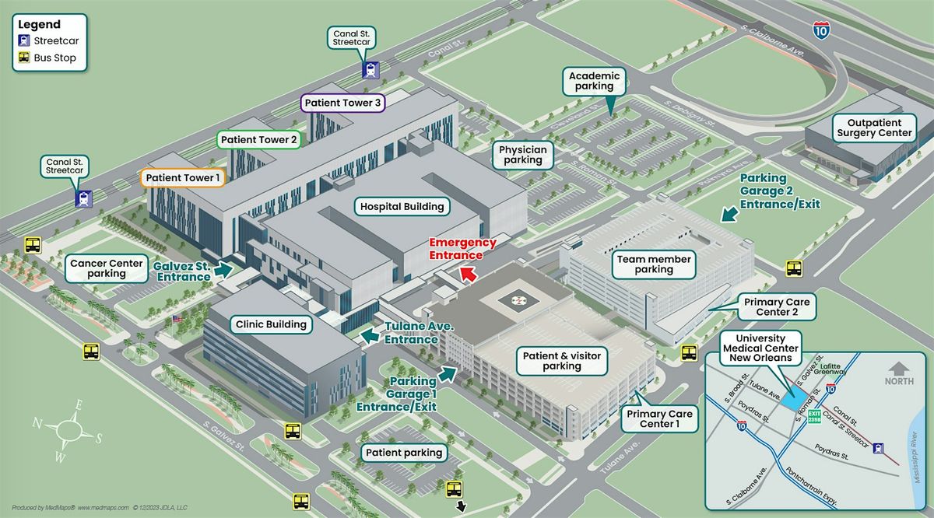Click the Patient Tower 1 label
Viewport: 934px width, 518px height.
click(184, 178)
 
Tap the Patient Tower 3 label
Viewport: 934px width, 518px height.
click(343, 103)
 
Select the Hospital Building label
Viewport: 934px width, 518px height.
click(402, 207)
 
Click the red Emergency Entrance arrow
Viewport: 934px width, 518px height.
click(468, 274)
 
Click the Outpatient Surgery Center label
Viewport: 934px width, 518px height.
click(874, 128)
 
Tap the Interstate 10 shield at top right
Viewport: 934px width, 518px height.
click(820, 31)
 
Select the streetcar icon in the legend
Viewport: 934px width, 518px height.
click(25, 41)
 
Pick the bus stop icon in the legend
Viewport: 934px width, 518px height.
click(25, 58)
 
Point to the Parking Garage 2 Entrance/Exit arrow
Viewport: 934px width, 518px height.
click(729, 213)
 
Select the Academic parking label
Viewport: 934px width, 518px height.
click(595, 82)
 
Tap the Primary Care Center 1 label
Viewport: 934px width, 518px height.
click(659, 418)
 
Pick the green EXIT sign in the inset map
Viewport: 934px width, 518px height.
click(814, 416)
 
